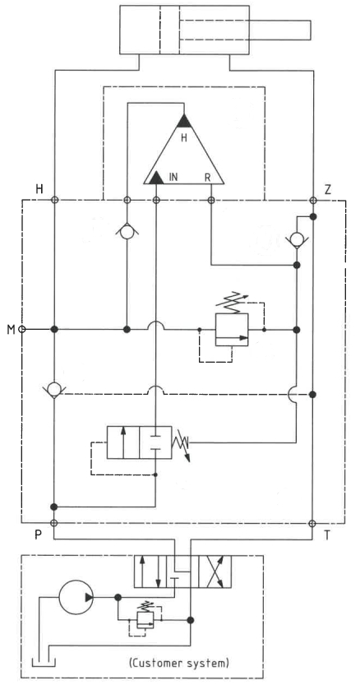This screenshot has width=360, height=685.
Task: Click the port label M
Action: [11, 329]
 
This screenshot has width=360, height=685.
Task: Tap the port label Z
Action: [329, 189]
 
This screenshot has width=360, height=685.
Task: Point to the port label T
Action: [327, 535]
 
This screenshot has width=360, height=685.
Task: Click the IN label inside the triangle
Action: [173, 178]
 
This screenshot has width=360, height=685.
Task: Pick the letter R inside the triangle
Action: [208, 178]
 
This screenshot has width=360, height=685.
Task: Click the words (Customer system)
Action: [179, 663]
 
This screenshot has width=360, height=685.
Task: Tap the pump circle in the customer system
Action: [76, 597]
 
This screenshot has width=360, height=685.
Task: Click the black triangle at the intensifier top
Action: [184, 121]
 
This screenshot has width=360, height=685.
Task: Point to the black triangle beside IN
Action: [156, 178]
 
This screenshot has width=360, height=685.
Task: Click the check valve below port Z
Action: [296, 238]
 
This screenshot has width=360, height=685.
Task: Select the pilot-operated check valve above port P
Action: [53, 389]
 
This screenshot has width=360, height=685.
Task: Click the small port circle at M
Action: [22, 329]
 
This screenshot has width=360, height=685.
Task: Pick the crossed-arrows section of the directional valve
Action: [215, 572]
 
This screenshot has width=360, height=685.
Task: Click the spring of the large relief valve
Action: [233, 303]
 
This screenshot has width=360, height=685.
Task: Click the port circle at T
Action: [312, 523]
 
